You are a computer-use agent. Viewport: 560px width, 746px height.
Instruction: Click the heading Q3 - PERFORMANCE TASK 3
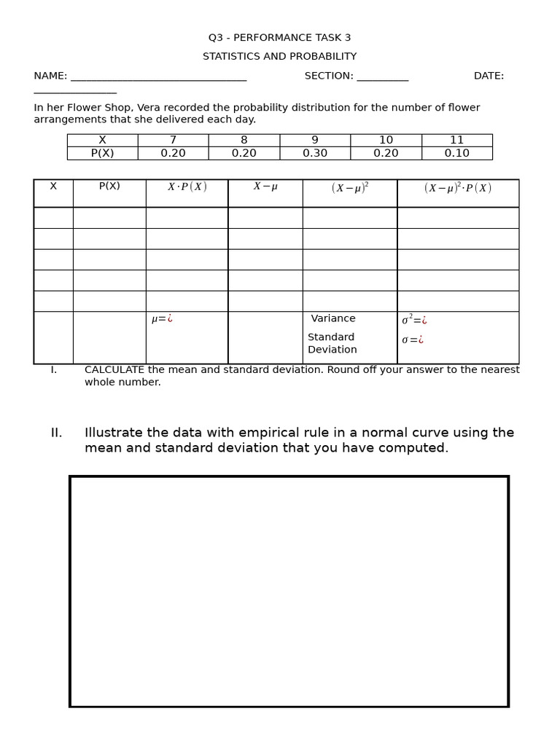click(279, 38)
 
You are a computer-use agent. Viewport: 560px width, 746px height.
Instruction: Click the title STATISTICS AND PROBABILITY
click(279, 57)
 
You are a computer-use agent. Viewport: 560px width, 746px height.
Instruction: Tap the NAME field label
click(50, 76)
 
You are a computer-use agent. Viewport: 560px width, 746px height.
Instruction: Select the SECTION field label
click(329, 76)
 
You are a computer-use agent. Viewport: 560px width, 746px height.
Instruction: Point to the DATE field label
click(489, 76)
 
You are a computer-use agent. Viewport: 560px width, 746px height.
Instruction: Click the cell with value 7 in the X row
click(173, 141)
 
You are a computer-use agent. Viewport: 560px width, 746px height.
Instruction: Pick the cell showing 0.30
click(315, 154)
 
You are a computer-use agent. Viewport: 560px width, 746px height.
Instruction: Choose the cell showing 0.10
click(456, 154)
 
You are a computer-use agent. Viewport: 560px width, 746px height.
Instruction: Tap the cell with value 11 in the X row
click(456, 141)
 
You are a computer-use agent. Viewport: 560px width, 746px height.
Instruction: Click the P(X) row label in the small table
click(102, 154)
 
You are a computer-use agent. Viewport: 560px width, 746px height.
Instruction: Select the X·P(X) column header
click(187, 187)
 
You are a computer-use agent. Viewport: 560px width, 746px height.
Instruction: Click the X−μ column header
click(265, 187)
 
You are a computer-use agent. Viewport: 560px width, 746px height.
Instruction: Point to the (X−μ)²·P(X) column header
click(458, 188)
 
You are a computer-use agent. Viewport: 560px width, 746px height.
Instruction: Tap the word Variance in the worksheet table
click(333, 319)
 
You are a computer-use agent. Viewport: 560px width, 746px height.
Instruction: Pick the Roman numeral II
click(56, 433)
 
